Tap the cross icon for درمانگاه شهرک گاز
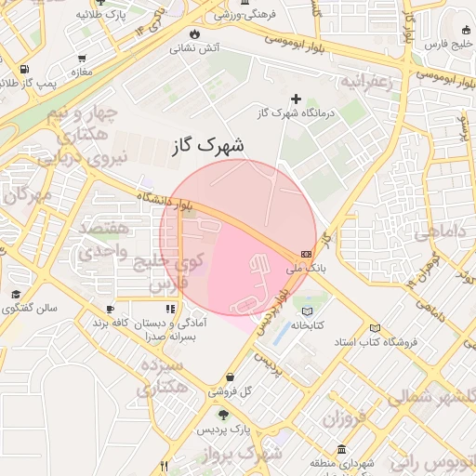click(x=297, y=99)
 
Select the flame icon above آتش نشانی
click(x=193, y=35)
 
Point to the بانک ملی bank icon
click(x=307, y=254)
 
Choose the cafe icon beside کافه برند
click(x=111, y=309)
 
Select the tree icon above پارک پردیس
click(x=221, y=413)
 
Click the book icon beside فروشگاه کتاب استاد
click(x=375, y=328)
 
